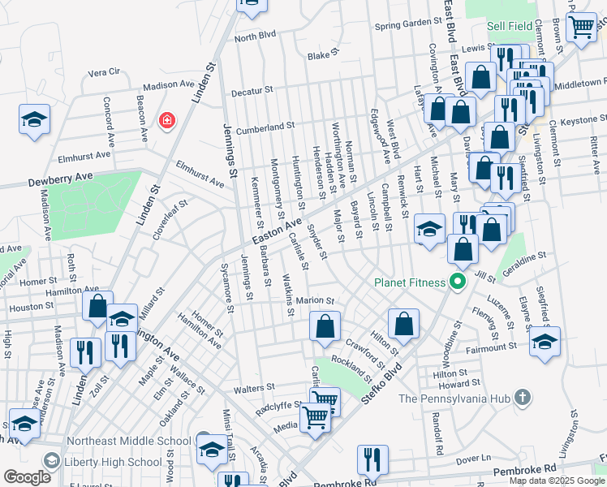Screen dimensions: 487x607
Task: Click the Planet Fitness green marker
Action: (457, 282)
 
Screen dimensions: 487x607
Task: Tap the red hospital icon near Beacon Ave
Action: (167, 120)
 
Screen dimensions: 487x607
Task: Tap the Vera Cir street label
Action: (104, 71)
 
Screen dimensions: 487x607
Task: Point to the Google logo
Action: (27, 477)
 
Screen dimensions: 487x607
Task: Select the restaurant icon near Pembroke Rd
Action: (372, 458)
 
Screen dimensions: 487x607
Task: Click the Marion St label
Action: (316, 300)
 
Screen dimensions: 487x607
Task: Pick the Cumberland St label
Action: (265, 127)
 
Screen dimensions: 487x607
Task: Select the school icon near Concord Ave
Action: (34, 119)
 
